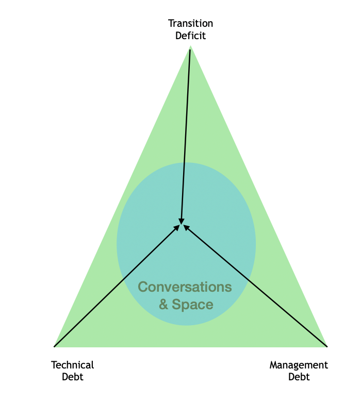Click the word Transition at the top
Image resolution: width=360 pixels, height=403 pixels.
(190, 23)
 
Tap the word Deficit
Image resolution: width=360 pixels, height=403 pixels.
(190, 36)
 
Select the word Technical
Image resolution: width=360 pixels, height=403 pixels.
(73, 365)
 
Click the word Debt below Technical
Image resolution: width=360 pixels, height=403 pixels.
(73, 377)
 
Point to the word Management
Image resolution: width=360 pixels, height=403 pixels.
(299, 365)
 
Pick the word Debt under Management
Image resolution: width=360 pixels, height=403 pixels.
(299, 377)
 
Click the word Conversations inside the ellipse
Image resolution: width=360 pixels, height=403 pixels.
(185, 287)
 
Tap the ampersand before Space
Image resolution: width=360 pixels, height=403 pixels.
(163, 304)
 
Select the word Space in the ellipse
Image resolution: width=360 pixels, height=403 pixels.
(192, 305)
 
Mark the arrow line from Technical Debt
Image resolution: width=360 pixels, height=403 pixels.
(117, 286)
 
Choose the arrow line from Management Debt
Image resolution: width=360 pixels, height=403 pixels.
(255, 286)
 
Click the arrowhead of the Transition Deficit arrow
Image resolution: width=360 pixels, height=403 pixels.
(181, 222)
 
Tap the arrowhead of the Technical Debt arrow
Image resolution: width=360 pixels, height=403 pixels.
(177, 228)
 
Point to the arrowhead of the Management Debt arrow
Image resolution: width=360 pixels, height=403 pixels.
(186, 228)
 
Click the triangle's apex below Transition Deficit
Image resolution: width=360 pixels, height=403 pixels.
(190, 46)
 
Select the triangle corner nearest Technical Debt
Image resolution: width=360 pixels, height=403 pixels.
(55, 347)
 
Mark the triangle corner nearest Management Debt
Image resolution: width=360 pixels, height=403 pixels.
(327, 347)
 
